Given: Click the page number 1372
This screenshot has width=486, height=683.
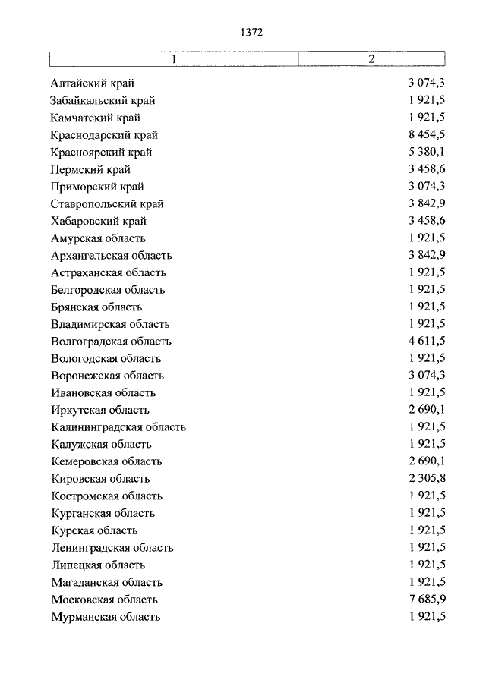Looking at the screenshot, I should click(x=251, y=32).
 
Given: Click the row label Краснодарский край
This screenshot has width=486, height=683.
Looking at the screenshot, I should click(x=104, y=135).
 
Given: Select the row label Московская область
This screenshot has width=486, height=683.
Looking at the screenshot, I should click(x=104, y=600).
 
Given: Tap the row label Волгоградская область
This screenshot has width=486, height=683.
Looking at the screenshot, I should click(x=111, y=341).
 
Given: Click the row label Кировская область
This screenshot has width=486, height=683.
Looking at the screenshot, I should click(x=100, y=479).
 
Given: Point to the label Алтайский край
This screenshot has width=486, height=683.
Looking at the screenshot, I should click(x=92, y=83).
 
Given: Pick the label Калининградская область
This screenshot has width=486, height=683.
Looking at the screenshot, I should click(x=118, y=427).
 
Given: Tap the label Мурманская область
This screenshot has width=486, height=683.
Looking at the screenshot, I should click(x=106, y=617).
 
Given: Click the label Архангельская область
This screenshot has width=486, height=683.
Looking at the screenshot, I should click(x=112, y=256).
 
